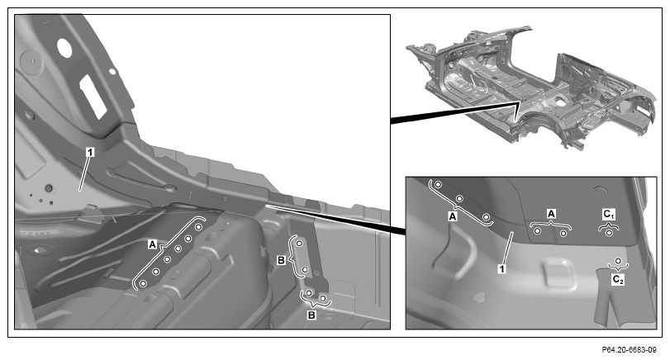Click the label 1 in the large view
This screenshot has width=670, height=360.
(x=90, y=152)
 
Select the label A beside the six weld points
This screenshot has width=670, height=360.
(x=152, y=244)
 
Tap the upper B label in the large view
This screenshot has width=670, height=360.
(x=281, y=259)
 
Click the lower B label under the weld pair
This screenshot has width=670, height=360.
(x=312, y=315)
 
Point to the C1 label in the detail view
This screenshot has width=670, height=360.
(x=609, y=214)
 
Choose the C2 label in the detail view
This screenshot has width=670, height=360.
(x=618, y=280)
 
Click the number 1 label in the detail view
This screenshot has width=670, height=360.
(x=502, y=269)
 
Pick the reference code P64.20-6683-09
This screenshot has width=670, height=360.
(x=629, y=350)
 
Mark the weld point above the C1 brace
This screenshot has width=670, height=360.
(x=609, y=233)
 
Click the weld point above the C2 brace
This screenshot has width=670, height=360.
(x=618, y=261)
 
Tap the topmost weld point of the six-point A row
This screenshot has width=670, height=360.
(x=198, y=227)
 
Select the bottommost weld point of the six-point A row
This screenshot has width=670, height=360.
(x=143, y=283)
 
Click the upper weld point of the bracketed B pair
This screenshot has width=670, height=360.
(x=300, y=244)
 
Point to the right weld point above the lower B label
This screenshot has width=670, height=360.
(x=323, y=297)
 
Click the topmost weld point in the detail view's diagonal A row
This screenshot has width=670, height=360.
(x=438, y=184)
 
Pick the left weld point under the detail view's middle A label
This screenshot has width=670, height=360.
(x=538, y=231)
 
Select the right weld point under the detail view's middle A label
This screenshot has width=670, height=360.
(x=563, y=233)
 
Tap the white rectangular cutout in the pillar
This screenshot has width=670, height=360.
(x=93, y=97)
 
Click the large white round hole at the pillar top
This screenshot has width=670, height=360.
(x=64, y=47)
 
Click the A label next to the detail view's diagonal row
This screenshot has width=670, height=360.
(x=453, y=216)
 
